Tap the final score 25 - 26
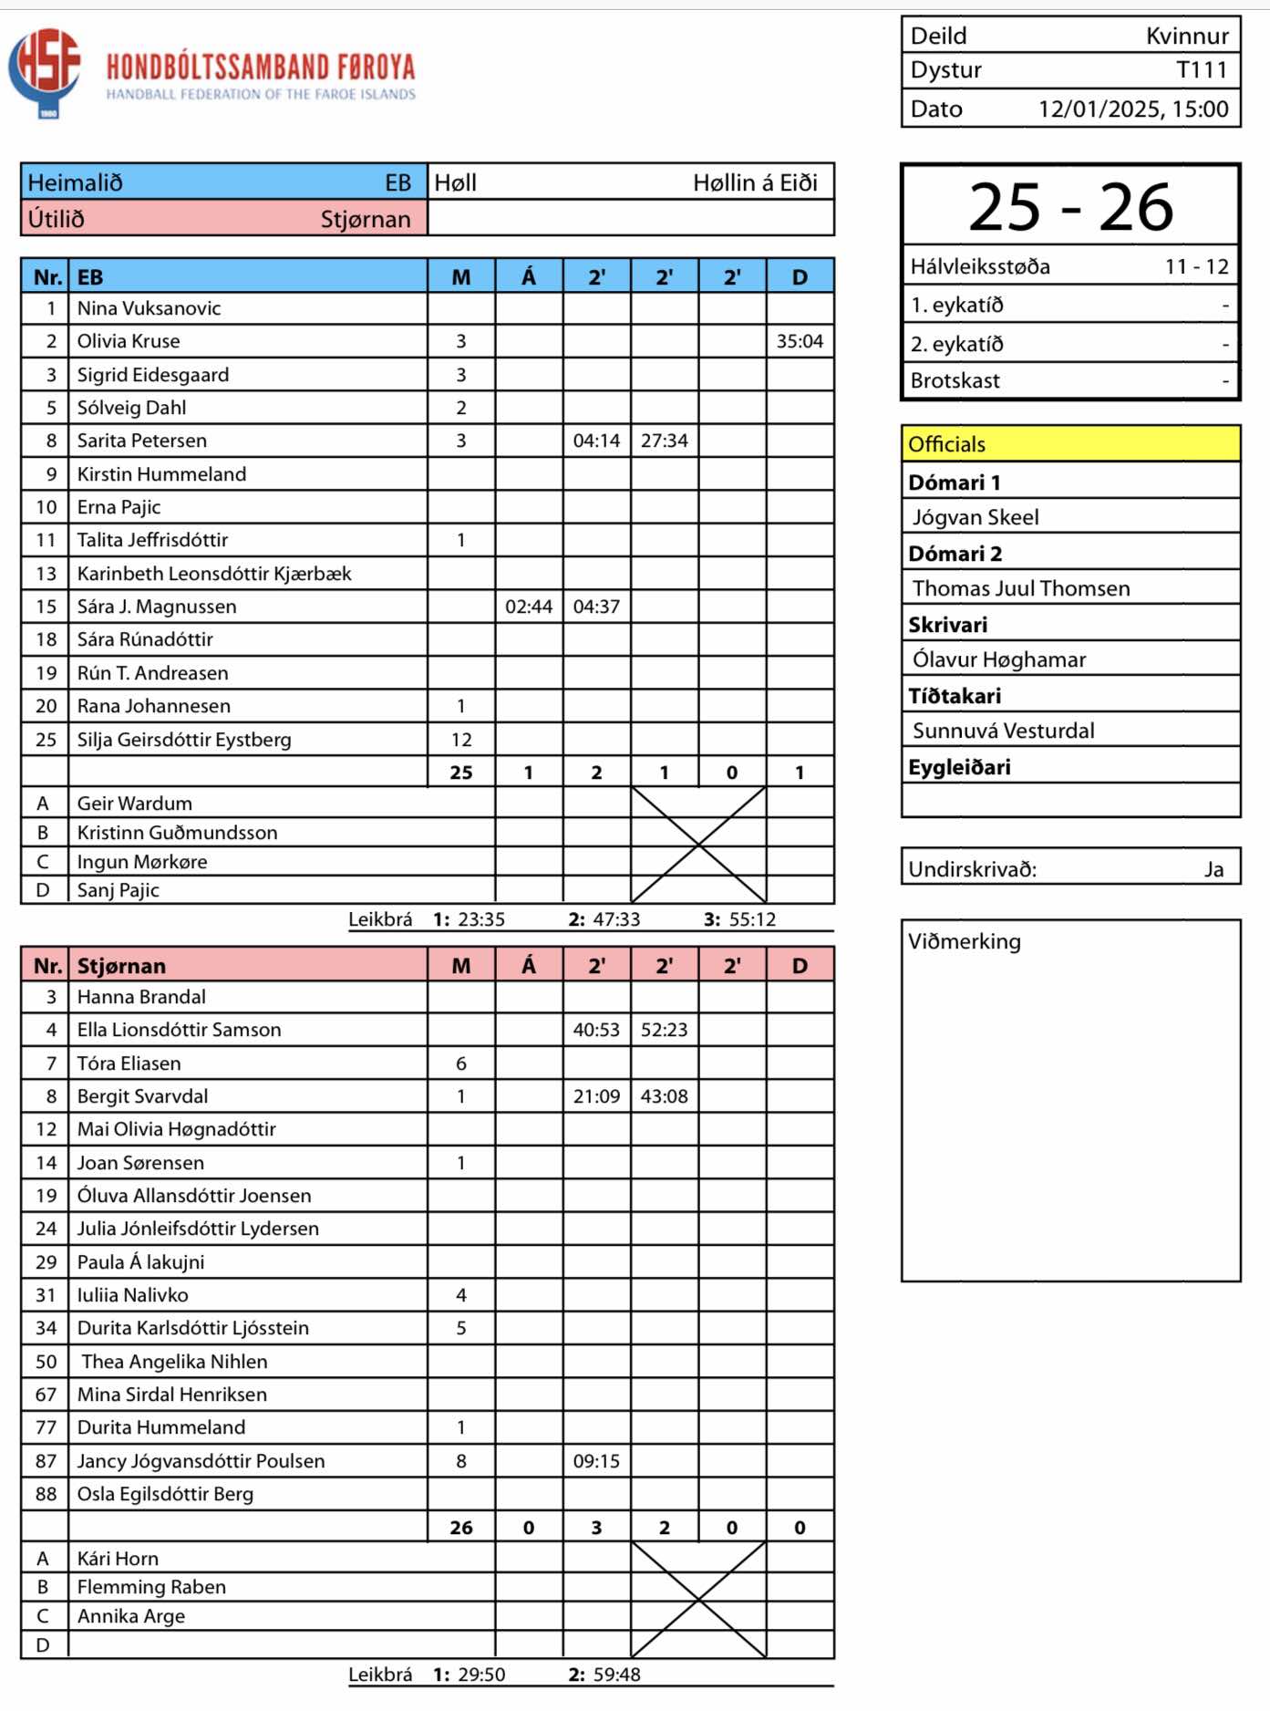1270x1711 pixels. [1070, 207]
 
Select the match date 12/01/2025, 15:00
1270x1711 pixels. [1133, 109]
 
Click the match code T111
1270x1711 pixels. [1202, 70]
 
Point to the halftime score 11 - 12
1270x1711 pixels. [1196, 266]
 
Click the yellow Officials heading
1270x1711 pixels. [947, 444]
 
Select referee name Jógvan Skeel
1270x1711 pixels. [976, 517]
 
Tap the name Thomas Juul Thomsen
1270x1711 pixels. [1021, 588]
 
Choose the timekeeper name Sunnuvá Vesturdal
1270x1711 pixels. [1003, 731]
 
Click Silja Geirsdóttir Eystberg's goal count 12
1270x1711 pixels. [461, 740]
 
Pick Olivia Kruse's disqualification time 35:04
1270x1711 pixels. [800, 341]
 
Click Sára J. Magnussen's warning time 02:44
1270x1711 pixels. [529, 607]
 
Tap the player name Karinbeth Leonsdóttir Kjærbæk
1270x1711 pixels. [214, 574]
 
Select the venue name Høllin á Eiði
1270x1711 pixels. [755, 182]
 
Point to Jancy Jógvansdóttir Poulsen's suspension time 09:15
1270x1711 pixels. [596, 1461]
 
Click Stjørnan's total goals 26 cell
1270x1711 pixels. [461, 1528]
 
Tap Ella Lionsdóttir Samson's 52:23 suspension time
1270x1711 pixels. [664, 1030]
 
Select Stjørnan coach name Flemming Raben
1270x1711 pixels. [151, 1587]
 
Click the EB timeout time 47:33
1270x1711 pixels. [616, 919]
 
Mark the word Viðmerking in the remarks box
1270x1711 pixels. [965, 941]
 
